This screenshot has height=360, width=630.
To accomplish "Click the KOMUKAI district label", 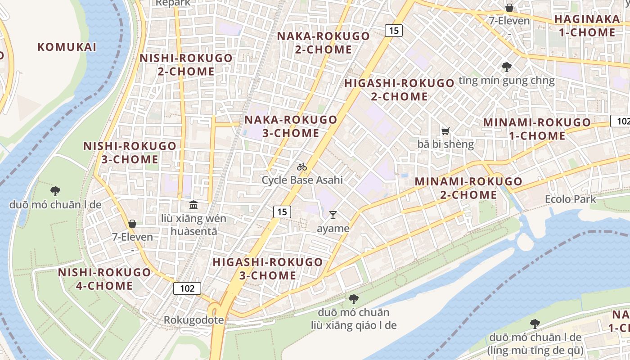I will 67,47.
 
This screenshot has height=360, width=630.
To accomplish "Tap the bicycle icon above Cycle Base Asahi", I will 302,167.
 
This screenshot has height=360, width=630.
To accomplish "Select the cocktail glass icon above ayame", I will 333,215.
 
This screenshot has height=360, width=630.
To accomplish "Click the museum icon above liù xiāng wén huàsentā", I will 193,205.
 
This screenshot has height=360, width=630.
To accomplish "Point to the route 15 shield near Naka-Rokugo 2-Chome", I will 393,31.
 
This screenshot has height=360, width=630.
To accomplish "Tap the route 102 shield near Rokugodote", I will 187,288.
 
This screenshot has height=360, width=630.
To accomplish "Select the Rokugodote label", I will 193,320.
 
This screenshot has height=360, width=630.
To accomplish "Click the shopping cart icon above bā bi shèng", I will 445,131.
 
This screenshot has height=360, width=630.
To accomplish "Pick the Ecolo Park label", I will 570,199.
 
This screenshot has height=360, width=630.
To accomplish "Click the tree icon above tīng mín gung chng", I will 507,67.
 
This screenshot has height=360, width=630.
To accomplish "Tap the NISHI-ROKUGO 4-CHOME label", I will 104,279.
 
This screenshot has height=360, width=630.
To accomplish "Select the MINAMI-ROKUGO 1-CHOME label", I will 537,129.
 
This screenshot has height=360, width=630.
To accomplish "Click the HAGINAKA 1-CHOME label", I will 587,26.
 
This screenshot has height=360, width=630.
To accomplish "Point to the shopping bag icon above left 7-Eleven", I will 132,223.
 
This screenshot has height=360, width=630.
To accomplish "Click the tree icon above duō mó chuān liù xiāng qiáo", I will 354,299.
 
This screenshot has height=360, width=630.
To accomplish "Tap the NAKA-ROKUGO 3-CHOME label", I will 291,126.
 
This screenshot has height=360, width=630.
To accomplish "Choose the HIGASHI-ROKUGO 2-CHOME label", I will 399,90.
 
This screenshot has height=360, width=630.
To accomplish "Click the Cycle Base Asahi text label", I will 302,180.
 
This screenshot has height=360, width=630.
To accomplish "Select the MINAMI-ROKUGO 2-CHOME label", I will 468,188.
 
